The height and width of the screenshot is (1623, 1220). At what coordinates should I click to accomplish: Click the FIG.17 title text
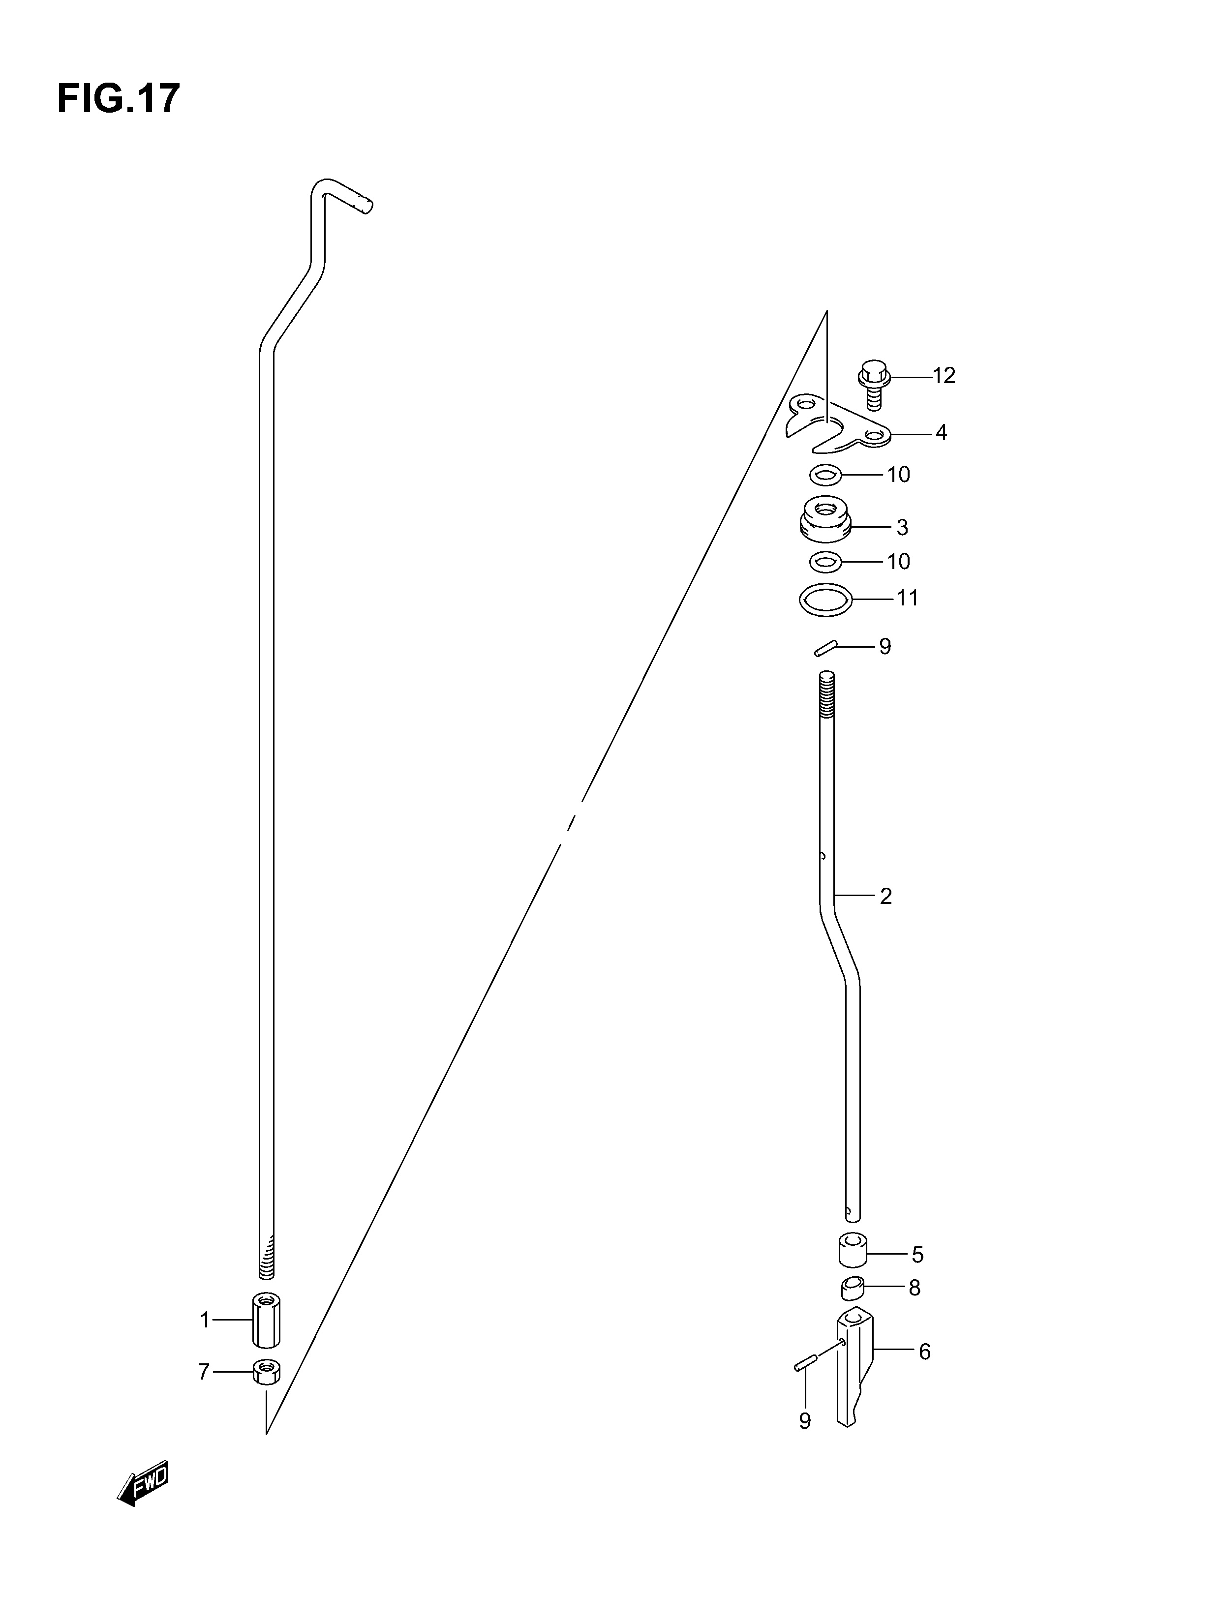click(x=118, y=99)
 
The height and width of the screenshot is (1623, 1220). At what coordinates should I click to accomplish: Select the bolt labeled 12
click(x=874, y=384)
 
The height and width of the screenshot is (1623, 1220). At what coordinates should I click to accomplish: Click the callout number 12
click(x=944, y=376)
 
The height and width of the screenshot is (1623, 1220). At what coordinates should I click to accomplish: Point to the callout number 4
click(x=941, y=433)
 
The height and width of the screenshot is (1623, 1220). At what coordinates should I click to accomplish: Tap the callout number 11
click(x=907, y=599)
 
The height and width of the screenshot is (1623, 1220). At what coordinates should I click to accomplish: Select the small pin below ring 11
click(x=826, y=648)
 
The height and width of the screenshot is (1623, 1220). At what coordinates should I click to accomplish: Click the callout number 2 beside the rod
click(x=886, y=897)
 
